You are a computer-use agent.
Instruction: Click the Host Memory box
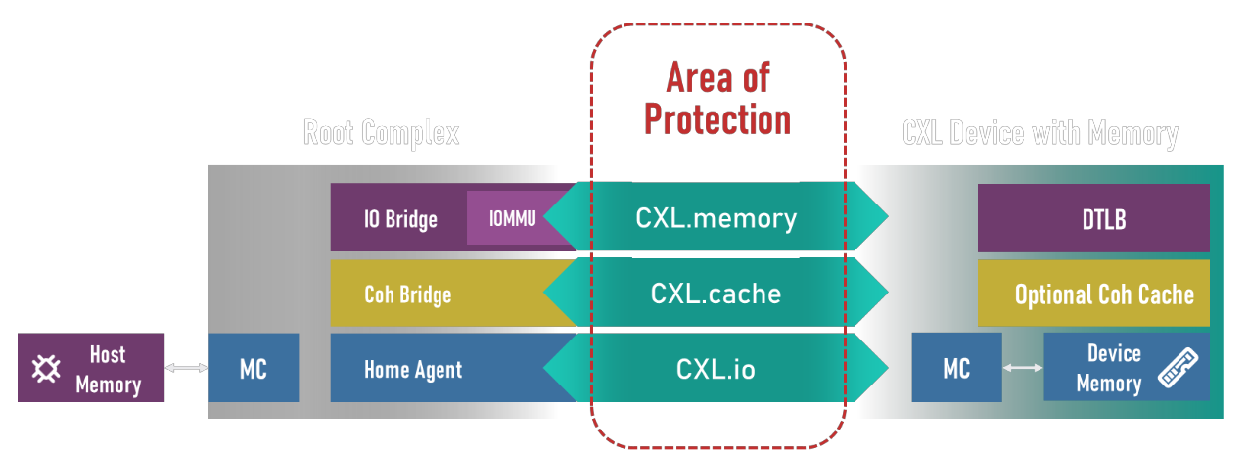91,368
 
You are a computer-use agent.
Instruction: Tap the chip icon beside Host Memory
45,369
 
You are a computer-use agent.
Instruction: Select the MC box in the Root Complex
254,368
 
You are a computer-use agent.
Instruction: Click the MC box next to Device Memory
956,368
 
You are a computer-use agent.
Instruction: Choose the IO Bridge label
400,218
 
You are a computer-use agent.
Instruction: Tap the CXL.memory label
716,217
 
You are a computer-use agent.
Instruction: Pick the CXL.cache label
716,293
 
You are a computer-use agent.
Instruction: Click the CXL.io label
716,369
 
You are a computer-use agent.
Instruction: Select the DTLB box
1093,218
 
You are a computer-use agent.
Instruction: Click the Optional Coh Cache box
1093,293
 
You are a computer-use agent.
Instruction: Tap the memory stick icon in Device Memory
1178,368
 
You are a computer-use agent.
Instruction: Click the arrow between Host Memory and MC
186,368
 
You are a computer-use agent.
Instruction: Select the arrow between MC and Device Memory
1023,368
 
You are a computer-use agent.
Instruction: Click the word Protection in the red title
716,119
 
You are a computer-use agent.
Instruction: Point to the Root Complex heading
381,133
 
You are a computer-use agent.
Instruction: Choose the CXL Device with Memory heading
1040,133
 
